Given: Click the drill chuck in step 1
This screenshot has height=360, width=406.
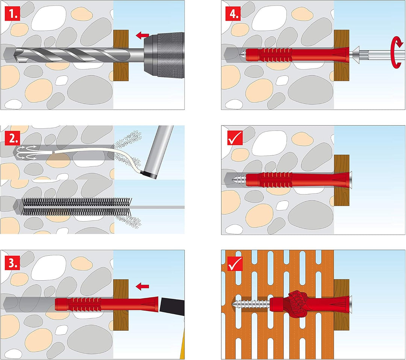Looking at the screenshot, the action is tap(164, 55).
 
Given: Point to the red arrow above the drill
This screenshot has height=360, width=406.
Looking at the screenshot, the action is tap(142, 35).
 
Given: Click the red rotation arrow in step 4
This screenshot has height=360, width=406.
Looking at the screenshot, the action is tap(397, 52).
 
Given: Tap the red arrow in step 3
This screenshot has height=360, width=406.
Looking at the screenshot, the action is tap(142, 286).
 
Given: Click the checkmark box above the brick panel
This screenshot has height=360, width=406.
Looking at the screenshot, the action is tap(235, 263).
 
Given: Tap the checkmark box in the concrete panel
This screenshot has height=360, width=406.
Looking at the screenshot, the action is tap(235, 138).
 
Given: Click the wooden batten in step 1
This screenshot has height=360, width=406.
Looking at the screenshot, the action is tap(121, 55).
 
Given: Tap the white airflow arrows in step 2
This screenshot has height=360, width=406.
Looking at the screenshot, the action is tap(26, 152).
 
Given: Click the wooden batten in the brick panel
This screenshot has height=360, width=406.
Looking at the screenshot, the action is tap(342, 305).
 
